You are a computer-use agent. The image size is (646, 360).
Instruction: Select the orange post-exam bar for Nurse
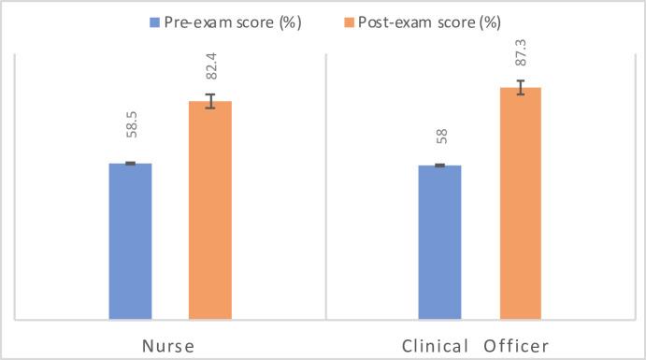210,210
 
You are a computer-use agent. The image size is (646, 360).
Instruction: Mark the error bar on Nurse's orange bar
210,101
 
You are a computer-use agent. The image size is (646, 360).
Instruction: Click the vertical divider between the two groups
324,187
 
